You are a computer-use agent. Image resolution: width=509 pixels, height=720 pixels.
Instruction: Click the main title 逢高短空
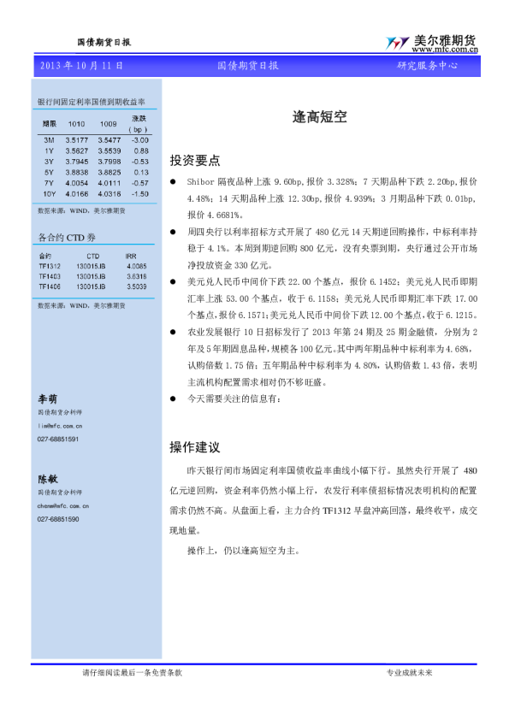click(x=319, y=120)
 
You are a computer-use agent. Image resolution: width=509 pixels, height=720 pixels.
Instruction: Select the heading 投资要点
click(x=195, y=160)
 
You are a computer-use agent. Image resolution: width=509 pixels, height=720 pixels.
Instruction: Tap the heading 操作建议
click(x=195, y=446)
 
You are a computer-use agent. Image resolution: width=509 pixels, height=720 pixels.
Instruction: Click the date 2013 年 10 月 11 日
click(x=82, y=65)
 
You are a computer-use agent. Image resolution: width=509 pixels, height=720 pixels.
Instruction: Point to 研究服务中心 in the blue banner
click(x=427, y=65)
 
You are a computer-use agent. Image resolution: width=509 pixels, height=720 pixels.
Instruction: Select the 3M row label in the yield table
click(x=49, y=139)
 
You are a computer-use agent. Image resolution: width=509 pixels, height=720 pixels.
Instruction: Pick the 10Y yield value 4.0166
click(x=77, y=193)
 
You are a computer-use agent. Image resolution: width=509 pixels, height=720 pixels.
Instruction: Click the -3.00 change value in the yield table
click(x=140, y=139)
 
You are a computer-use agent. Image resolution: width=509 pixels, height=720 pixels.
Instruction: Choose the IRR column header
click(x=131, y=255)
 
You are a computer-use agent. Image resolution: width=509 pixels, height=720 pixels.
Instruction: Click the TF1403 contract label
click(x=50, y=276)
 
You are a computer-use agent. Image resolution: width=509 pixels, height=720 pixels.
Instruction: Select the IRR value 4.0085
click(x=136, y=266)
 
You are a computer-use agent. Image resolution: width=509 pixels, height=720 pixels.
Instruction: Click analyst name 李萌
click(x=47, y=398)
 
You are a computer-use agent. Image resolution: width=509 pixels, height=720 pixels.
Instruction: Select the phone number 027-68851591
click(x=58, y=439)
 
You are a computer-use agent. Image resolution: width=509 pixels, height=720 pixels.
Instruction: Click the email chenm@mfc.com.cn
click(x=60, y=505)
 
